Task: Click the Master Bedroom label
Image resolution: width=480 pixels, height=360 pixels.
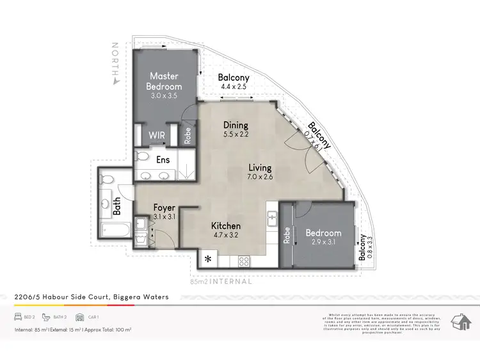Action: tap(164, 81)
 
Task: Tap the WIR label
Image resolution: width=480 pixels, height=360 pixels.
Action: tap(157, 136)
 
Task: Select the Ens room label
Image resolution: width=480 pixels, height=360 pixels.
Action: tap(163, 160)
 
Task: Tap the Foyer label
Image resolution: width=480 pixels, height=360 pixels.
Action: tap(164, 208)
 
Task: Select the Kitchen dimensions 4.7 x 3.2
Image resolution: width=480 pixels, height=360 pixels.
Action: tap(226, 235)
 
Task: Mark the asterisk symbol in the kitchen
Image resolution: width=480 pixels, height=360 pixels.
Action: tap(208, 259)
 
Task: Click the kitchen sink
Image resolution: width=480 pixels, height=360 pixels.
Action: tap(272, 217)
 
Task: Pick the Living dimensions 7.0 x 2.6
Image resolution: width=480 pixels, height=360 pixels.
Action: tap(260, 177)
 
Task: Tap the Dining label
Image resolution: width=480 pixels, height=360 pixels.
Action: tap(236, 125)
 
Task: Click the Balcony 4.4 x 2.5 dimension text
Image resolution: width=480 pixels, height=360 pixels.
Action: tap(234, 86)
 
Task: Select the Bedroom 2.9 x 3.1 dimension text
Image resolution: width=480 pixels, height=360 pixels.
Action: tap(323, 242)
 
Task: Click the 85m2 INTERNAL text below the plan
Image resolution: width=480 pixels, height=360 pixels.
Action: tap(218, 281)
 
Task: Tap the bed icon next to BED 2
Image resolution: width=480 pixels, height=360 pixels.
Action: tap(19, 317)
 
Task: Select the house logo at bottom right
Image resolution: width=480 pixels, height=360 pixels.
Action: tap(459, 322)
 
